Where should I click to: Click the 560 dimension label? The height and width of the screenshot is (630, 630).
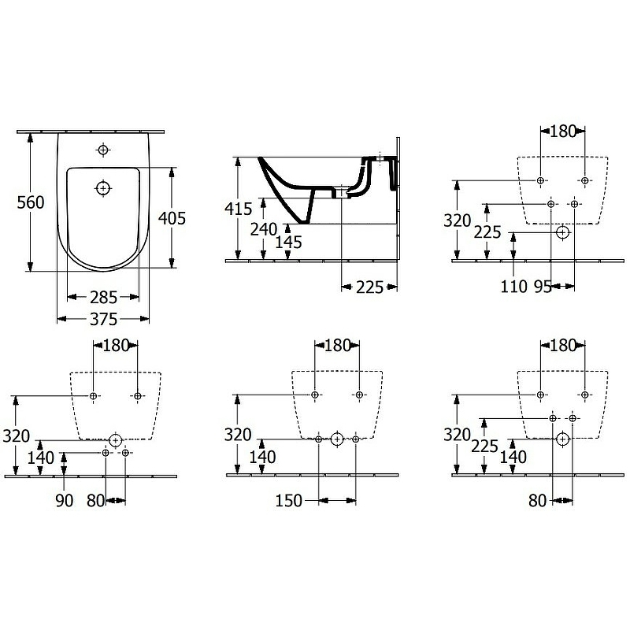click(31, 202)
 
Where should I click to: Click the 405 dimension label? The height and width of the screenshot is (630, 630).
click(172, 218)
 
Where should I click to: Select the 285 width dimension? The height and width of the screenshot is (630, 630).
click(104, 298)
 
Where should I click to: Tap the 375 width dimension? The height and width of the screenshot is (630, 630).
click(104, 320)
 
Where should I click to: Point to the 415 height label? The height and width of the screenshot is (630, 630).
click(239, 209)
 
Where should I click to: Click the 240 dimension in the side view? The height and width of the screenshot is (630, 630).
click(264, 229)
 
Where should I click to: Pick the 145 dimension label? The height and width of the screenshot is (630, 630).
click(288, 243)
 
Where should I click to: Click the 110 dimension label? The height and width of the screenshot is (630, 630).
click(514, 287)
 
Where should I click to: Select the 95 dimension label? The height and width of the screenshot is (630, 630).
click(543, 287)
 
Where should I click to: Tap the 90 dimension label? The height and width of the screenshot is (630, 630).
click(65, 501)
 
